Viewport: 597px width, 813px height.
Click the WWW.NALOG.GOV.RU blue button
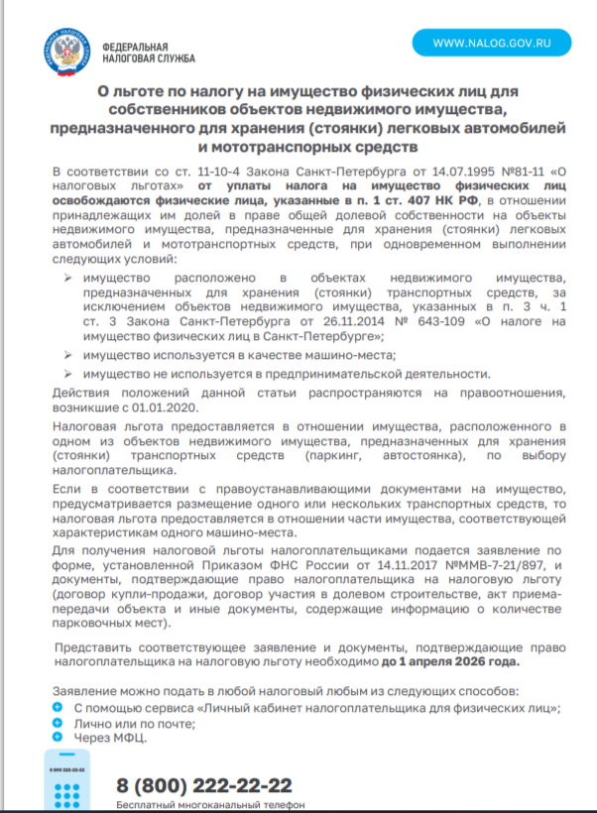[492, 44]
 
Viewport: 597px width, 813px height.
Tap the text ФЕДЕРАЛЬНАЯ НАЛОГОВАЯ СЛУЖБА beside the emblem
[136, 52]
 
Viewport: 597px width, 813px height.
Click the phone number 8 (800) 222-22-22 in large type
[204, 786]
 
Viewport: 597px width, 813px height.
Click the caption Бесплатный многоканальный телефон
[209, 805]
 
